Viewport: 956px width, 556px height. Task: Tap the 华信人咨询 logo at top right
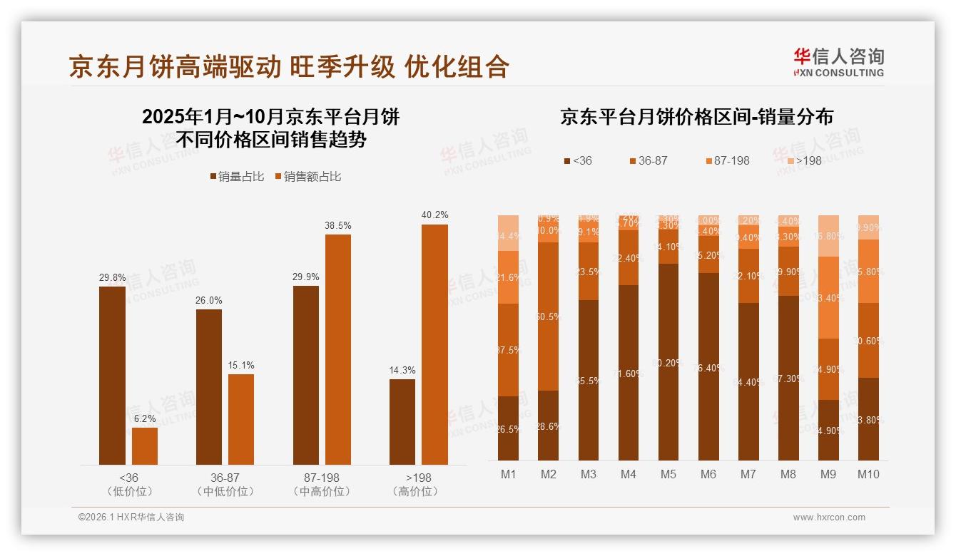838,62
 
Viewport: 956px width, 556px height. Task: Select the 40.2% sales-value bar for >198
434,344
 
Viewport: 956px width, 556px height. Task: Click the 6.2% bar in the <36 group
145,446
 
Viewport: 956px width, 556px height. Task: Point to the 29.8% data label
112,277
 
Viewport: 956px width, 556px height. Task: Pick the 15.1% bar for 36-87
241,419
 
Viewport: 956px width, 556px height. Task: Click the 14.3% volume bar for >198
402,421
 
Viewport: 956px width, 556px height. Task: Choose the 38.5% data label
338,225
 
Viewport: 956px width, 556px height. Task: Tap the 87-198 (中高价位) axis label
321,484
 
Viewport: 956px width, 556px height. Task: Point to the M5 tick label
668,474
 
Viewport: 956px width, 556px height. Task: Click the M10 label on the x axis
868,474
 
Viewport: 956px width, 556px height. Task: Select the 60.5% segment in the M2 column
548,316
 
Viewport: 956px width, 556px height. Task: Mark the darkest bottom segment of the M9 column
828,430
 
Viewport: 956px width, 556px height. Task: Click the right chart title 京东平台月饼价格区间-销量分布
696,117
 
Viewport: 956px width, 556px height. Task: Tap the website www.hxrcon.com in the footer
829,518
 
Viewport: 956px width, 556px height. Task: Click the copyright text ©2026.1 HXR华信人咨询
131,518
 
